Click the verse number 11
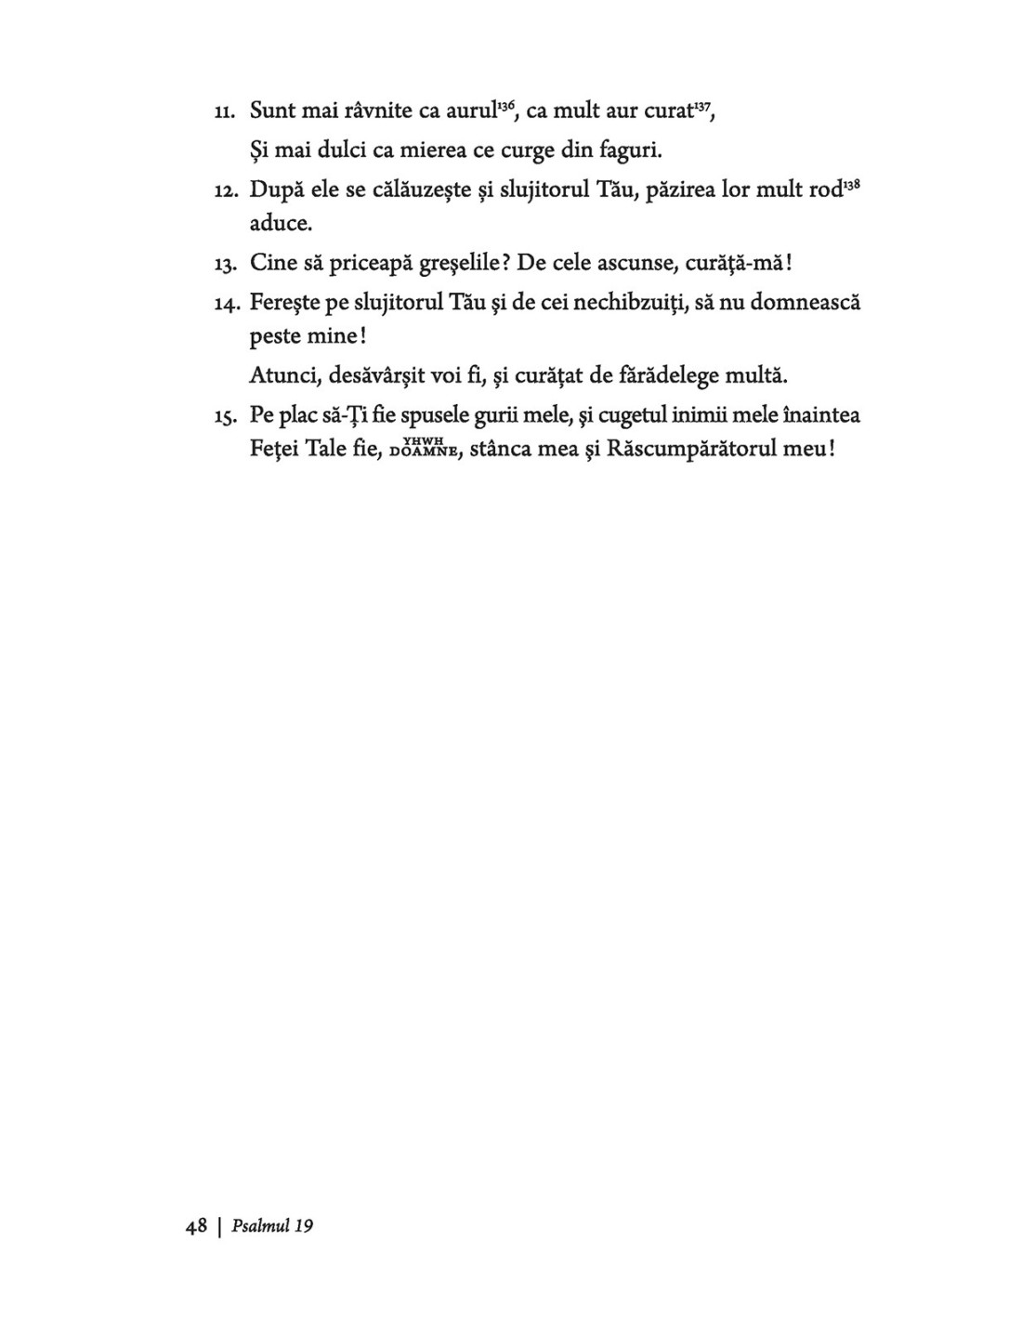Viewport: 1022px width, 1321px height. coord(224,113)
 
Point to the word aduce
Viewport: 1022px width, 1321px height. coord(281,224)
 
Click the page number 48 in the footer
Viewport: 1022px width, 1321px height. coord(196,1226)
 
